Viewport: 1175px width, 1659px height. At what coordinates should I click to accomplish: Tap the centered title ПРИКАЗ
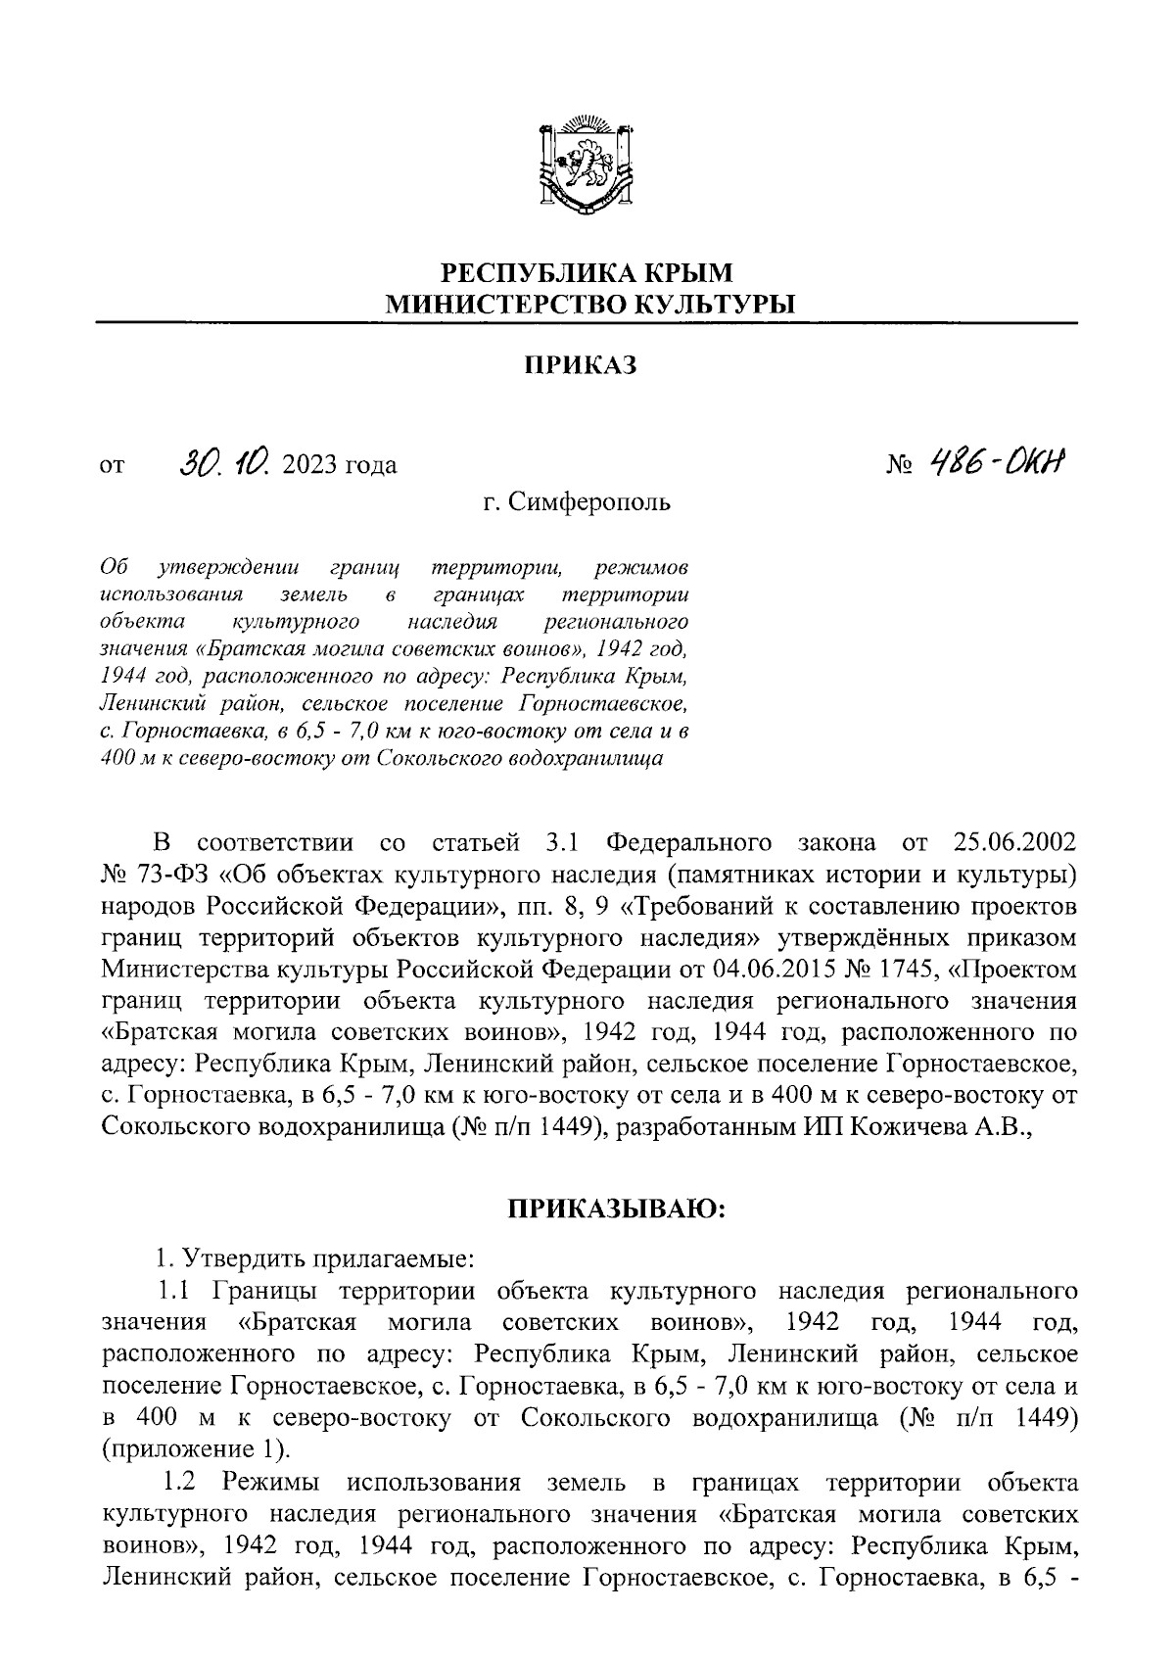tap(587, 365)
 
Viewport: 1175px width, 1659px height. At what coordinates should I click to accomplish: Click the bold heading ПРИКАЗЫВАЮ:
tap(615, 1210)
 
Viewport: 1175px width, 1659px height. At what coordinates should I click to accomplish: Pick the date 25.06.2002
tap(1013, 843)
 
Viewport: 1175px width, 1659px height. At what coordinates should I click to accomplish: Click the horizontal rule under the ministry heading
tap(587, 323)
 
